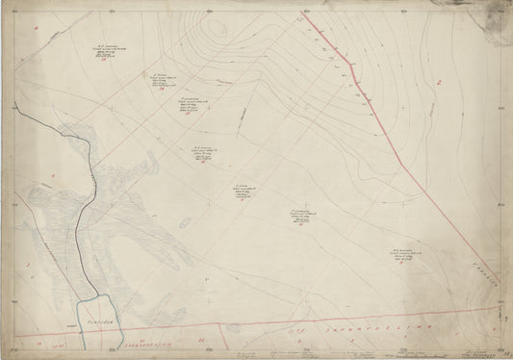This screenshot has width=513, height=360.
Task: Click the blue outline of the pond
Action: tap(76, 318)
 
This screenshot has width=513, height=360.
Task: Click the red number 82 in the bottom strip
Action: tap(196, 340)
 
